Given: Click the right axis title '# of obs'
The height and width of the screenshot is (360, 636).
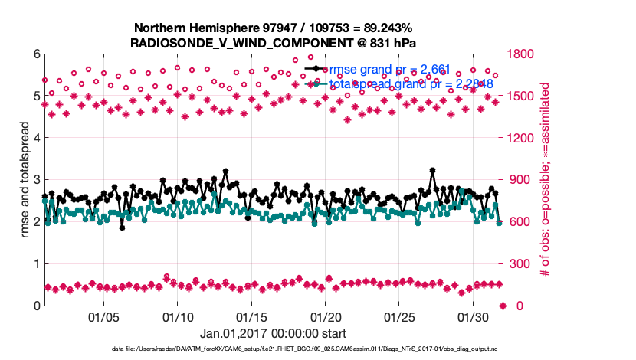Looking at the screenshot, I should click(x=546, y=180).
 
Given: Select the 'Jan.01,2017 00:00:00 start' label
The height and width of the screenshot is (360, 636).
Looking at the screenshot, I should click(x=273, y=333).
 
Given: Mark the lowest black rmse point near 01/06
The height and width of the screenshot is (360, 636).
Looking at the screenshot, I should click(x=122, y=227).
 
